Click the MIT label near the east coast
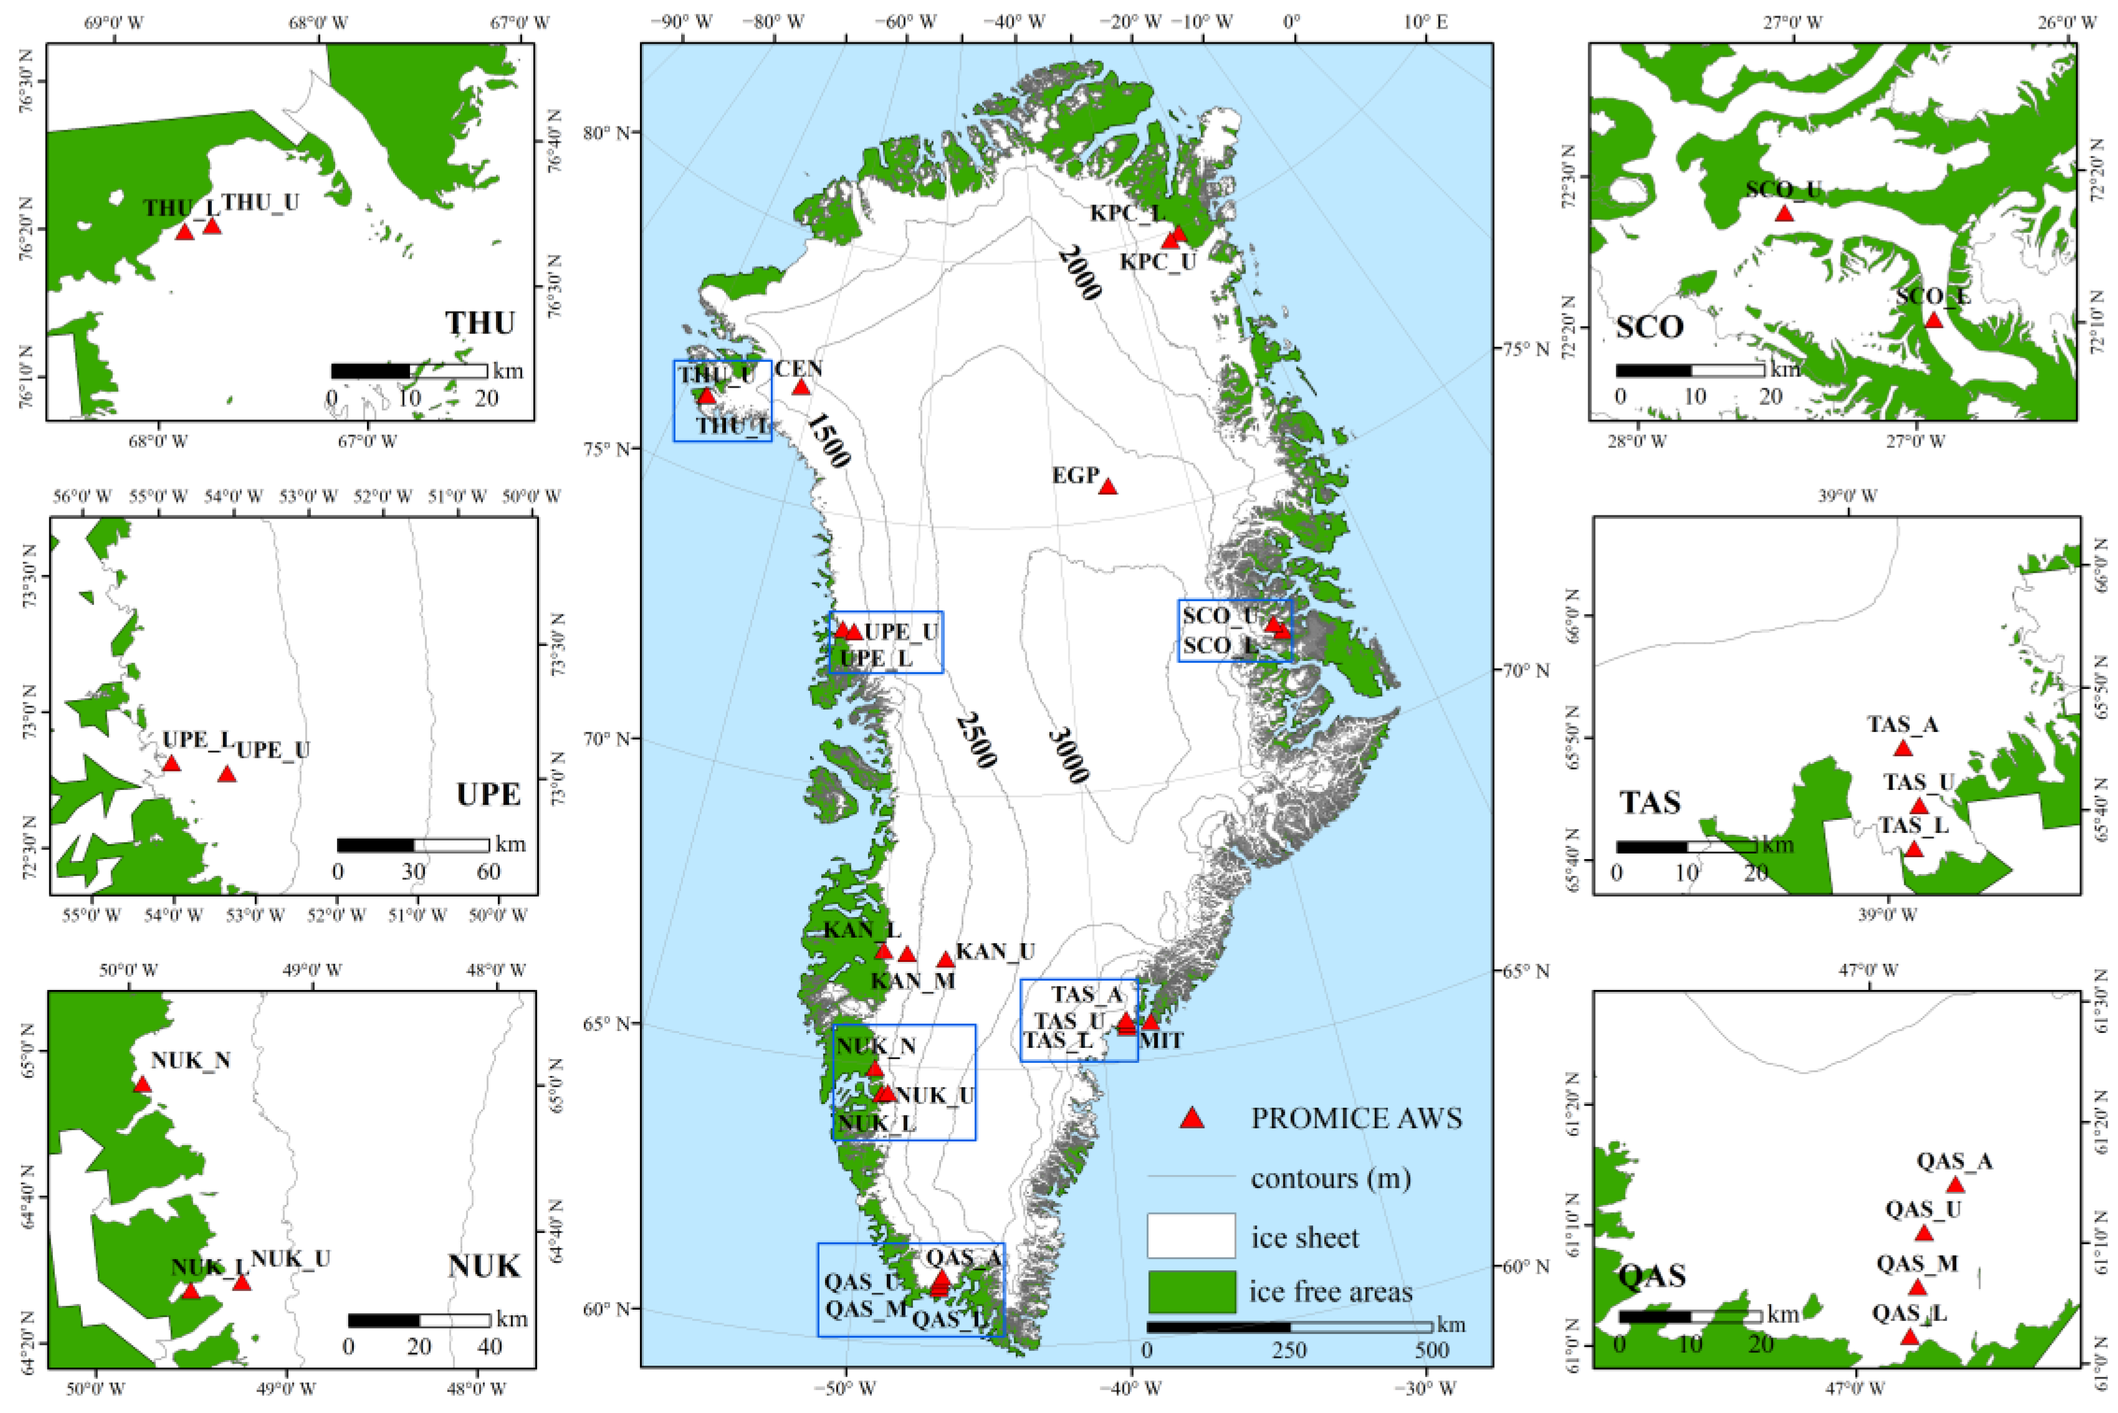1161,1041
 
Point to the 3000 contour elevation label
1069,755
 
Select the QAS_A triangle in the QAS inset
1955,1185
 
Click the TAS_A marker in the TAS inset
1902,749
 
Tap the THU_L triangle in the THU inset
185,232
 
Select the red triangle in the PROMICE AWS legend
1193,1119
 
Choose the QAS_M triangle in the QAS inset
1917,1288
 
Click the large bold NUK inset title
484,1266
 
